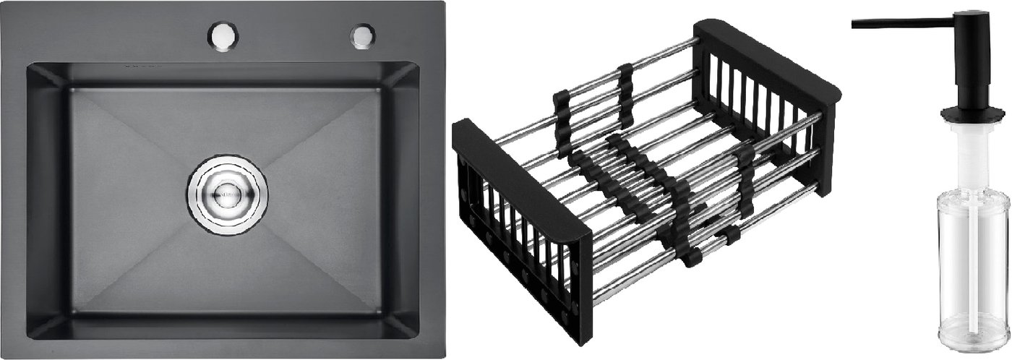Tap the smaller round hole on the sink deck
[362, 35]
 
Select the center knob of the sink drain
[227, 192]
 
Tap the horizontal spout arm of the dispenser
[904, 23]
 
